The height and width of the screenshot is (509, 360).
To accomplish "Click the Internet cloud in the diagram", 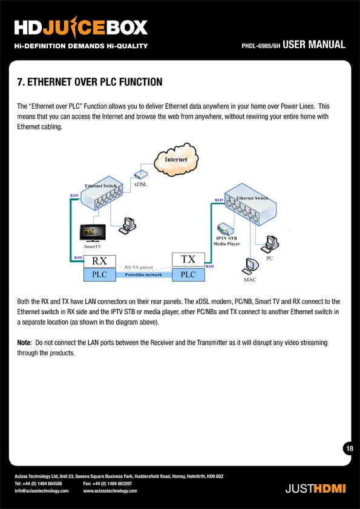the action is (x=176, y=160).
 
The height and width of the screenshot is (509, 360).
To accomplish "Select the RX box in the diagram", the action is (x=99, y=261).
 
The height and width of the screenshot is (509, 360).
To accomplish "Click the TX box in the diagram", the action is (x=188, y=259).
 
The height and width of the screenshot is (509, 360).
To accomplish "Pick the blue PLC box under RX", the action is (x=99, y=274).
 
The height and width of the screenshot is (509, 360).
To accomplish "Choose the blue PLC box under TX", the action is (x=188, y=274).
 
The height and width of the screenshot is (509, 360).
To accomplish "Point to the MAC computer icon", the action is (x=250, y=267).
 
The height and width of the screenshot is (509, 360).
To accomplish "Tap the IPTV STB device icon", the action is (x=226, y=229).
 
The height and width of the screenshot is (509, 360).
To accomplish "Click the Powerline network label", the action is (x=143, y=274).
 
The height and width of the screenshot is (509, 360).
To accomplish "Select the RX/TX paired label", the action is (x=139, y=267).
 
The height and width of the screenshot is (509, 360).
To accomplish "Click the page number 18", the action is (x=350, y=449).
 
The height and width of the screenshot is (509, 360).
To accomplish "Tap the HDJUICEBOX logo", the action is (x=81, y=28).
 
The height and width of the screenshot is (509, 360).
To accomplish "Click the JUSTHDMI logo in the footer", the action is (x=315, y=488).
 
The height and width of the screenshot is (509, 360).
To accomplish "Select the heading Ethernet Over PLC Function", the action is (x=90, y=82).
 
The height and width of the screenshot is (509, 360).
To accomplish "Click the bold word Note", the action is (x=24, y=343).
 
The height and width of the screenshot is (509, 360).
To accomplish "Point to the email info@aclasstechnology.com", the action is (x=42, y=491).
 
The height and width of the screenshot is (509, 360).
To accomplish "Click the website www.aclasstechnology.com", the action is (x=110, y=491).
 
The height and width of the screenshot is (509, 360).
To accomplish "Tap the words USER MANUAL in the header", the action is (x=314, y=45).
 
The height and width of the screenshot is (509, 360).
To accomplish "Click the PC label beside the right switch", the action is (x=270, y=258).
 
